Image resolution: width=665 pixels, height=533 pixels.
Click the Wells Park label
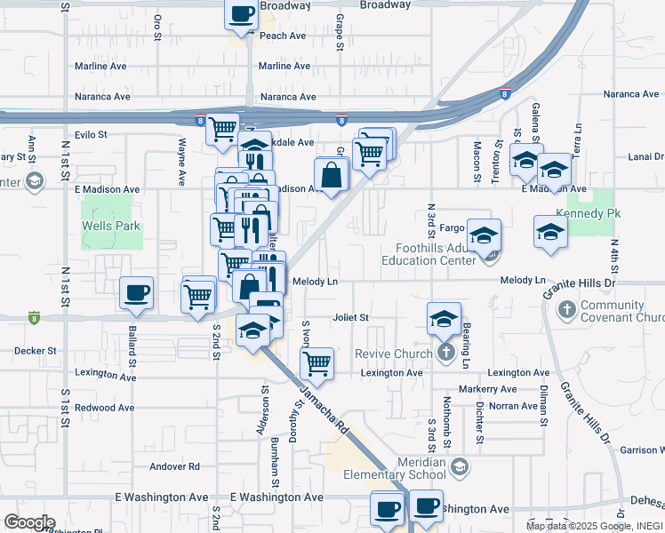pos(111,227)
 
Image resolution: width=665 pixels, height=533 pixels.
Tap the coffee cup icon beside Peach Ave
pos(243,14)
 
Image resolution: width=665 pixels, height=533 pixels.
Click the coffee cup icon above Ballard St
pos(136,293)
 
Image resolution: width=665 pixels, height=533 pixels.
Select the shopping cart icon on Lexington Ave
pos(316,363)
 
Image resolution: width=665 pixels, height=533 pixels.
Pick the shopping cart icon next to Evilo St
pos(221,129)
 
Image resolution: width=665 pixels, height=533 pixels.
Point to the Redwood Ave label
pos(104,407)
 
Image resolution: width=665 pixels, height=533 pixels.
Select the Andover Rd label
pos(175,465)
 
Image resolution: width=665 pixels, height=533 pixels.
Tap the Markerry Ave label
pos(487,389)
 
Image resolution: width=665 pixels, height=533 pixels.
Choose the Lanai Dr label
pos(645,156)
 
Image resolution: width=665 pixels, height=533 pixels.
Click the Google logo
pos(29,522)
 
